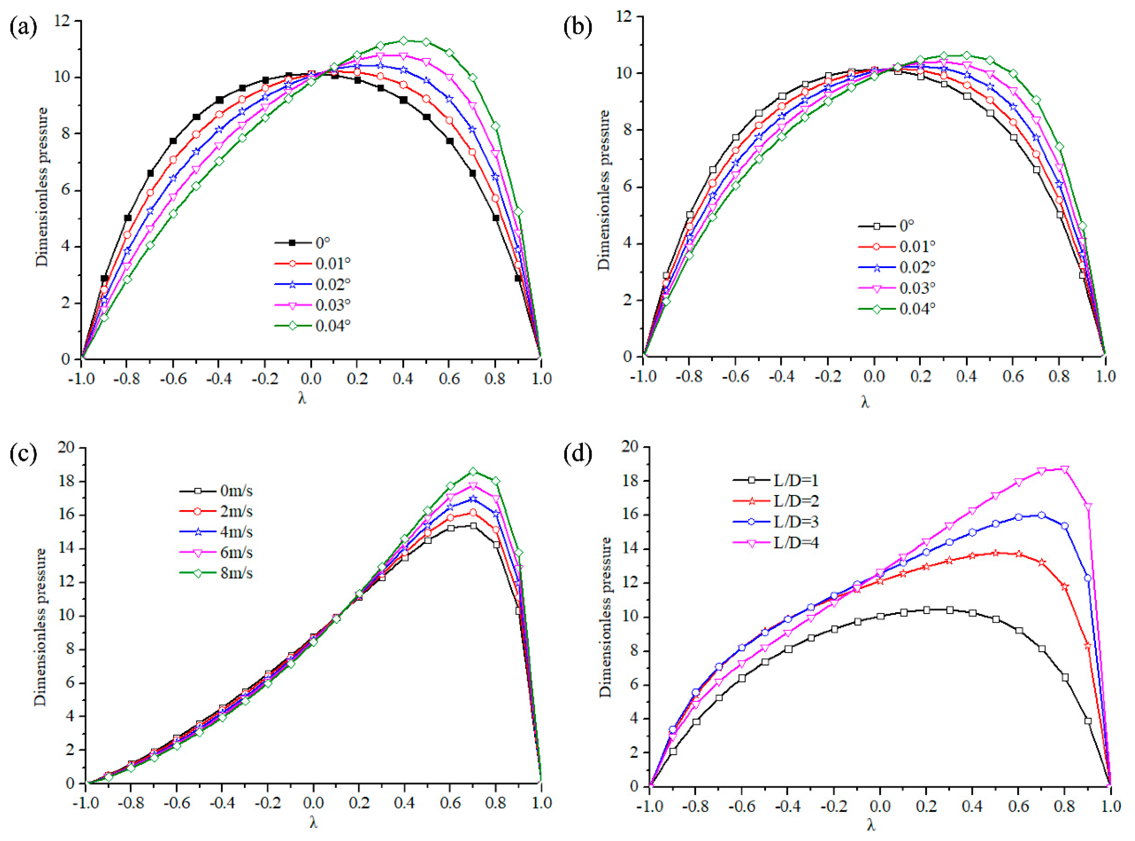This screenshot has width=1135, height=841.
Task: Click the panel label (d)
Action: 577,453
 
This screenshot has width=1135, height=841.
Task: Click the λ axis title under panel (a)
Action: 302,398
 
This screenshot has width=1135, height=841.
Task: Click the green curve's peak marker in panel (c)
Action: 473,471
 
